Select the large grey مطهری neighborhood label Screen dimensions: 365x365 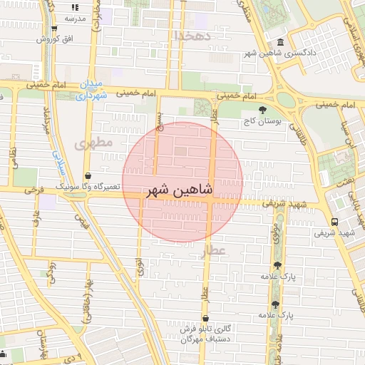[93, 143]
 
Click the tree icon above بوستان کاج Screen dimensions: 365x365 [263, 110]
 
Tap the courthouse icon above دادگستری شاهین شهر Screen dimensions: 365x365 [279, 41]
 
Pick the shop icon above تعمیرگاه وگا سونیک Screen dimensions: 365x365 [88, 175]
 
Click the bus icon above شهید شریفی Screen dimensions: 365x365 [335, 221]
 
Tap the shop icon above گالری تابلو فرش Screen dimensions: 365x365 [206, 319]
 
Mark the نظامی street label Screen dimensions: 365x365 [14, 151]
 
